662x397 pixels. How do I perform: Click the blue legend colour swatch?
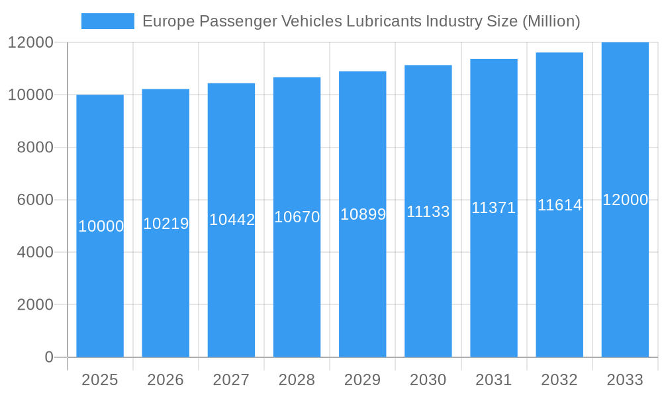coord(107,21)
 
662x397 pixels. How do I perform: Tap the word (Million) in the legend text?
coord(551,21)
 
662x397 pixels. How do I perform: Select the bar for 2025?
coord(100,265)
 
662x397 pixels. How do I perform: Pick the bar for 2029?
coord(362,278)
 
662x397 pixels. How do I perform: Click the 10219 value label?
coord(165,224)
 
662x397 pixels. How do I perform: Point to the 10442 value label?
coord(232,220)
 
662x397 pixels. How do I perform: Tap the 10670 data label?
coord(297,217)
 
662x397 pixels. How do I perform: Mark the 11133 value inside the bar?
coord(428,212)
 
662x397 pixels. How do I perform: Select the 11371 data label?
coord(493,208)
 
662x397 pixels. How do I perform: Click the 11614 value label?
coord(559,205)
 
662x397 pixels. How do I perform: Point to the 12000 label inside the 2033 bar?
coord(625,200)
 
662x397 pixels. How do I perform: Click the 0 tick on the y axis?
coord(48,357)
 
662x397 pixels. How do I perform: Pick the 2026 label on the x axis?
coord(165,380)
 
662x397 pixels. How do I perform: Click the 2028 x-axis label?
coord(297,380)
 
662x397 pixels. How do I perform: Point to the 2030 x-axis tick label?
coord(428,380)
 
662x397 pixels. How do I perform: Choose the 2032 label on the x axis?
coord(559,380)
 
